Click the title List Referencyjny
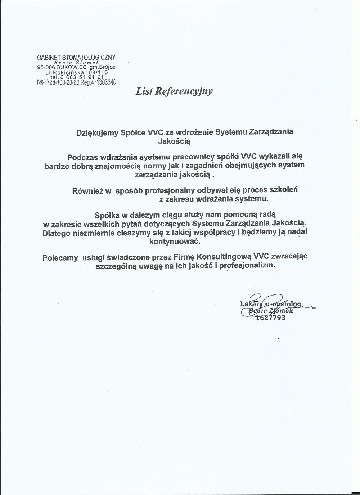pos(174,91)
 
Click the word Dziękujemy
pos(97,132)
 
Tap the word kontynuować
pos(174,241)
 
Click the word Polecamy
pos(60,257)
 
